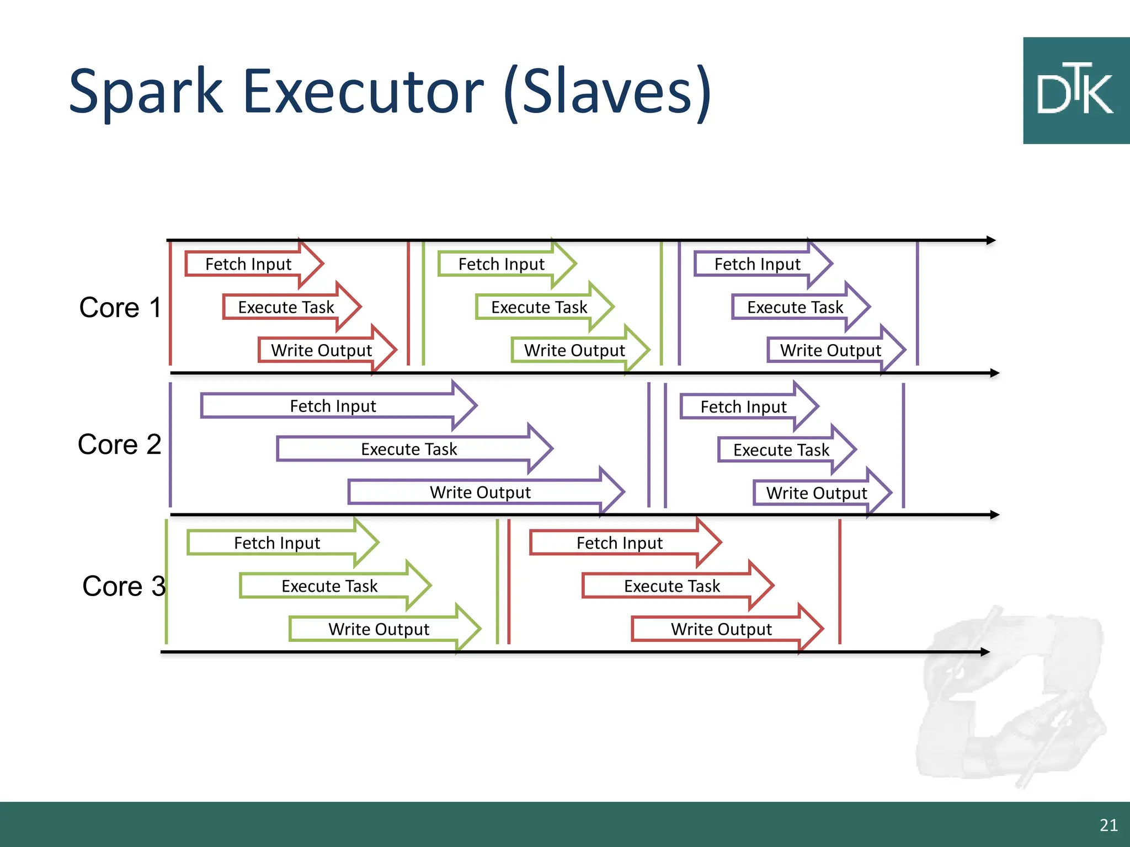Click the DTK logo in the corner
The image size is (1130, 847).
coord(1076,90)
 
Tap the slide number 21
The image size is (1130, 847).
coord(1108,825)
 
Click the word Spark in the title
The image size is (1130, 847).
coord(146,92)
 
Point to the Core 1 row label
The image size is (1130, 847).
coord(120,307)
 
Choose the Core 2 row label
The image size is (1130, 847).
coord(119,444)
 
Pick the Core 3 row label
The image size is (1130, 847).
coord(124,586)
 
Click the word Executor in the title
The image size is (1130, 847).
coord(363,92)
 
